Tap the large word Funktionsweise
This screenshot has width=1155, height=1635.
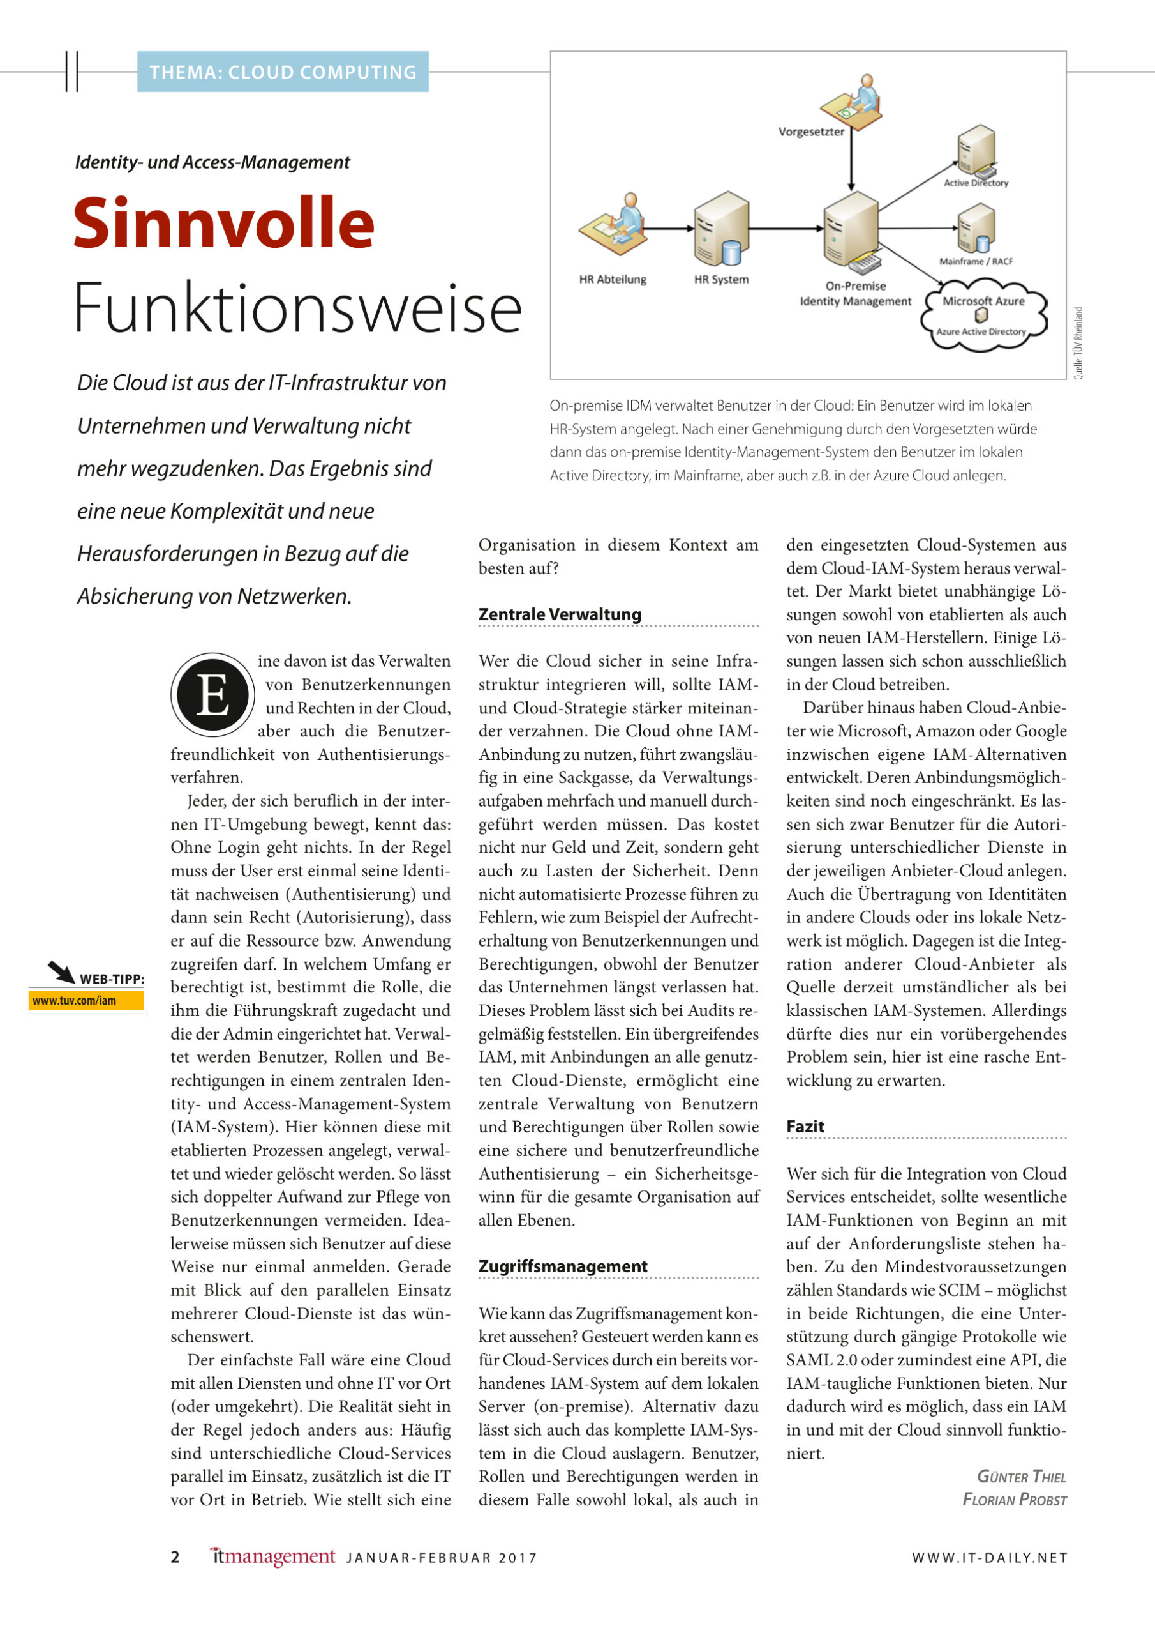pos(297,308)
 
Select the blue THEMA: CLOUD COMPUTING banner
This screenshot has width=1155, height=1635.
pos(283,72)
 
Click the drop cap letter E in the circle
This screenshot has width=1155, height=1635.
pos(212,694)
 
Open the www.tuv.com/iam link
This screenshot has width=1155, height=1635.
pos(75,1001)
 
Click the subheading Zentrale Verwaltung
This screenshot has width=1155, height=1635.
pos(560,614)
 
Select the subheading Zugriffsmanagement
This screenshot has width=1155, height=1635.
pos(562,1266)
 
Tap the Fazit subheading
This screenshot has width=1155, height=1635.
pos(805,1127)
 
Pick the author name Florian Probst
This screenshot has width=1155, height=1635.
pos(1014,1500)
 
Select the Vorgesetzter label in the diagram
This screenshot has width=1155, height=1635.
pos(810,132)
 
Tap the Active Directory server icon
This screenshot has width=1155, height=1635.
pos(975,149)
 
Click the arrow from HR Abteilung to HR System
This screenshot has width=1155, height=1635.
pos(668,229)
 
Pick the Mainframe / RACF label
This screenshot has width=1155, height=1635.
pos(976,261)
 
